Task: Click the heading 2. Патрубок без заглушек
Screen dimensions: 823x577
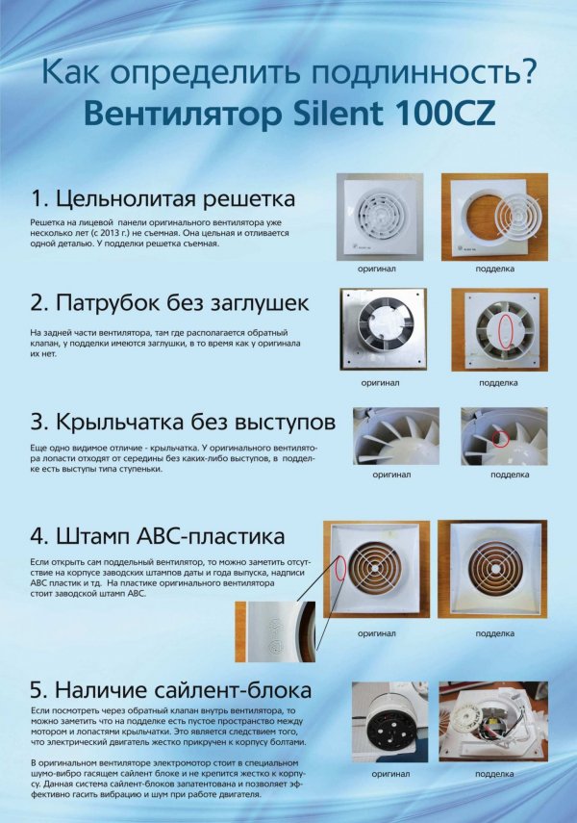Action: (170, 303)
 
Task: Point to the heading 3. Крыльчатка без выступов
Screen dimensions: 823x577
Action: (183, 423)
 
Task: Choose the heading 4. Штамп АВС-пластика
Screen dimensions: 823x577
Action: (158, 536)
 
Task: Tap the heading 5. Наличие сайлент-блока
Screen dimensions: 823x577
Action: (170, 690)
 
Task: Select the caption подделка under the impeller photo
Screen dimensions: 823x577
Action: (509, 475)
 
